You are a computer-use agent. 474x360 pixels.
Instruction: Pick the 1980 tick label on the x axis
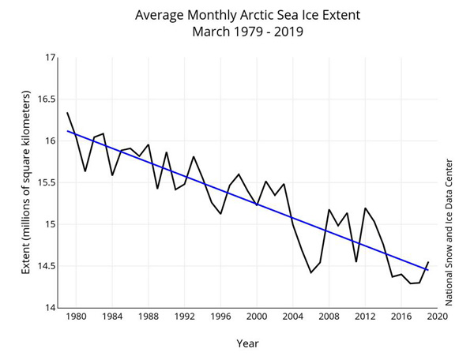[x=77, y=317]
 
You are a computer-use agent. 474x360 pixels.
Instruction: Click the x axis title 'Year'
[x=247, y=343]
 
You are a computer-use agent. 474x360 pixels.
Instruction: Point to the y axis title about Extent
[x=25, y=183]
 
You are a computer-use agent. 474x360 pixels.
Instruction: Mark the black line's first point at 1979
[x=67, y=113]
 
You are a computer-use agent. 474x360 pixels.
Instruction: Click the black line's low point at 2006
[x=311, y=272]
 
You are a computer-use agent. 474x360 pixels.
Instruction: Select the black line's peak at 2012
[x=365, y=208]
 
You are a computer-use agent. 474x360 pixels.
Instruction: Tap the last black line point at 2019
[x=428, y=261]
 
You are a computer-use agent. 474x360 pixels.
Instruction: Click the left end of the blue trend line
[x=67, y=131]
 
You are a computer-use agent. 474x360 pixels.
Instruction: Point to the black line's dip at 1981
[x=85, y=171]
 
